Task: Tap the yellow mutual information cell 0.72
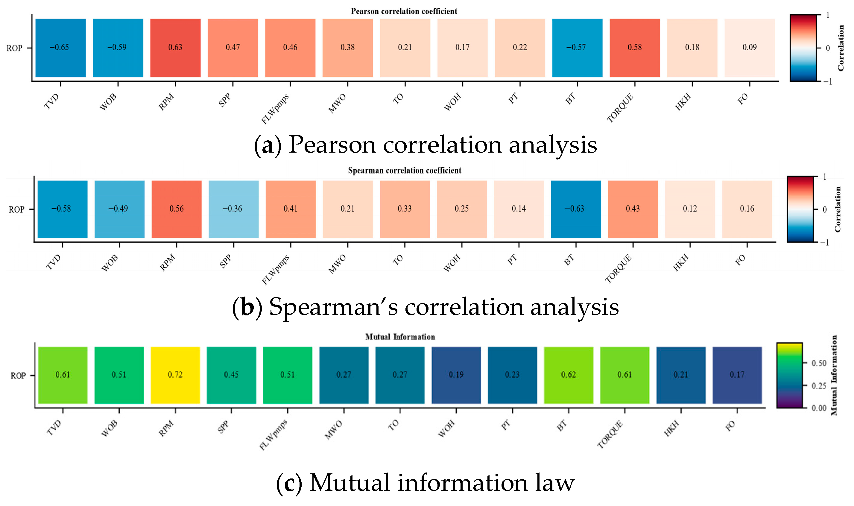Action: tap(175, 375)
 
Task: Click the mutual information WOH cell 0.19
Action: tap(456, 375)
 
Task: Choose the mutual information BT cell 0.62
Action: tap(568, 375)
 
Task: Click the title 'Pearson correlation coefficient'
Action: tap(404, 11)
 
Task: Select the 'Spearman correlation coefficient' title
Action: tap(404, 171)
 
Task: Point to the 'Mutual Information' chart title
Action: tap(400, 337)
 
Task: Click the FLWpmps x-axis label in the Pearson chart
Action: tap(275, 108)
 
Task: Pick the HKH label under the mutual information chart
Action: tap(671, 428)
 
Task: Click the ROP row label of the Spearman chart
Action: tap(16, 209)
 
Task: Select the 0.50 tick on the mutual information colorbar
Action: tap(819, 363)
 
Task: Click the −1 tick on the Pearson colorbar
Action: tap(828, 81)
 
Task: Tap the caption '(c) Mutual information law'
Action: tap(425, 483)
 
